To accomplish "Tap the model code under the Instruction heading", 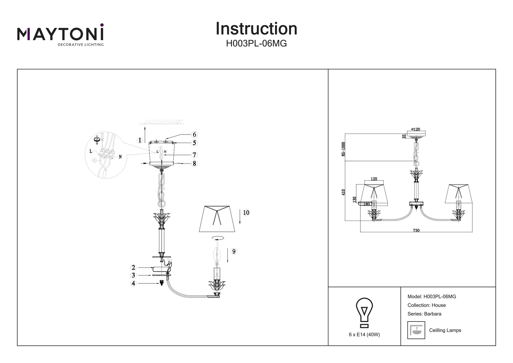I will coord(256,44).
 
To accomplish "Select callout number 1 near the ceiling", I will coord(140,140).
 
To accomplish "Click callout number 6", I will coord(194,135).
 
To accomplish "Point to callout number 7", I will coord(194,155).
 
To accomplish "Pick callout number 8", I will coord(194,164).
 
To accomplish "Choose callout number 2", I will coord(133,268).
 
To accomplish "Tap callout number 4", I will coord(133,283).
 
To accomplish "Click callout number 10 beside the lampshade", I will coord(246,213).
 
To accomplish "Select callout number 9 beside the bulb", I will coord(234,252).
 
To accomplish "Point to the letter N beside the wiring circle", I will coord(120,157).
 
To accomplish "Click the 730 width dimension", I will coord(416,230).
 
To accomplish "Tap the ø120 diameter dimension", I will coord(416,129).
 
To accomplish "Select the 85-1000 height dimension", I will coord(343,149).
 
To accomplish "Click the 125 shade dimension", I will coord(374,179).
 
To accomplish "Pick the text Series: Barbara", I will coord(424,314).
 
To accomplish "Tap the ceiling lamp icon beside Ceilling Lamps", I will coord(416,330).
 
